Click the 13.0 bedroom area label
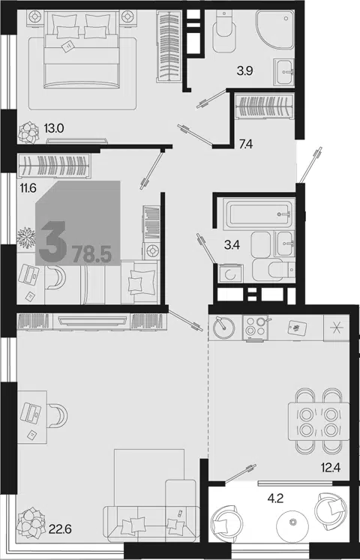pos(53,128)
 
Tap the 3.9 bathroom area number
pos(244,71)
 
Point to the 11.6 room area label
pos(27,187)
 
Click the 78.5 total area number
pos(92,255)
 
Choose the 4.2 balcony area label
pos(275,499)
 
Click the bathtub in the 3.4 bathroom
pos(259,214)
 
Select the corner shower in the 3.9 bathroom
pos(275,29)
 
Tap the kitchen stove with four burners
pos(255,327)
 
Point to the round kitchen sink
pos(223,327)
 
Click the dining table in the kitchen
pos(319,421)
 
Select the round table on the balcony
pos(293,523)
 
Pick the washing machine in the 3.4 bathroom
pos(230,274)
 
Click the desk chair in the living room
pos(57,415)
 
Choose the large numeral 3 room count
pos(52,242)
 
